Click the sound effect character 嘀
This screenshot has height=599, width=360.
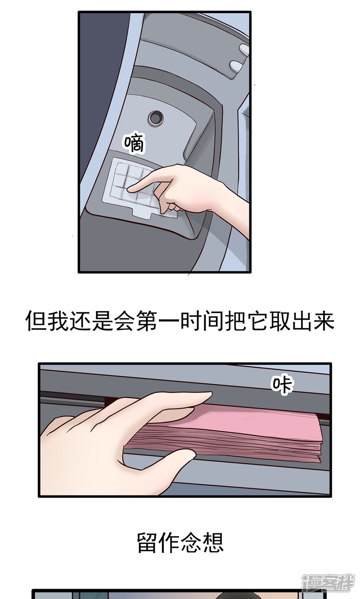point(134,144)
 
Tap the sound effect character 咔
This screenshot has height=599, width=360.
point(282,385)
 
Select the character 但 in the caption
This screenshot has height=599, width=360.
point(36,321)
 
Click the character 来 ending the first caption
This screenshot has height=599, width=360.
point(324,321)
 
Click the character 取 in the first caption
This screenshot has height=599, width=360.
point(280,321)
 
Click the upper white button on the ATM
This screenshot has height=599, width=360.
point(243,50)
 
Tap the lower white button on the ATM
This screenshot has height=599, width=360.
point(236,66)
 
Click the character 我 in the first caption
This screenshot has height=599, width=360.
point(58,321)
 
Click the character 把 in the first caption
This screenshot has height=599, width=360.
point(235,321)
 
